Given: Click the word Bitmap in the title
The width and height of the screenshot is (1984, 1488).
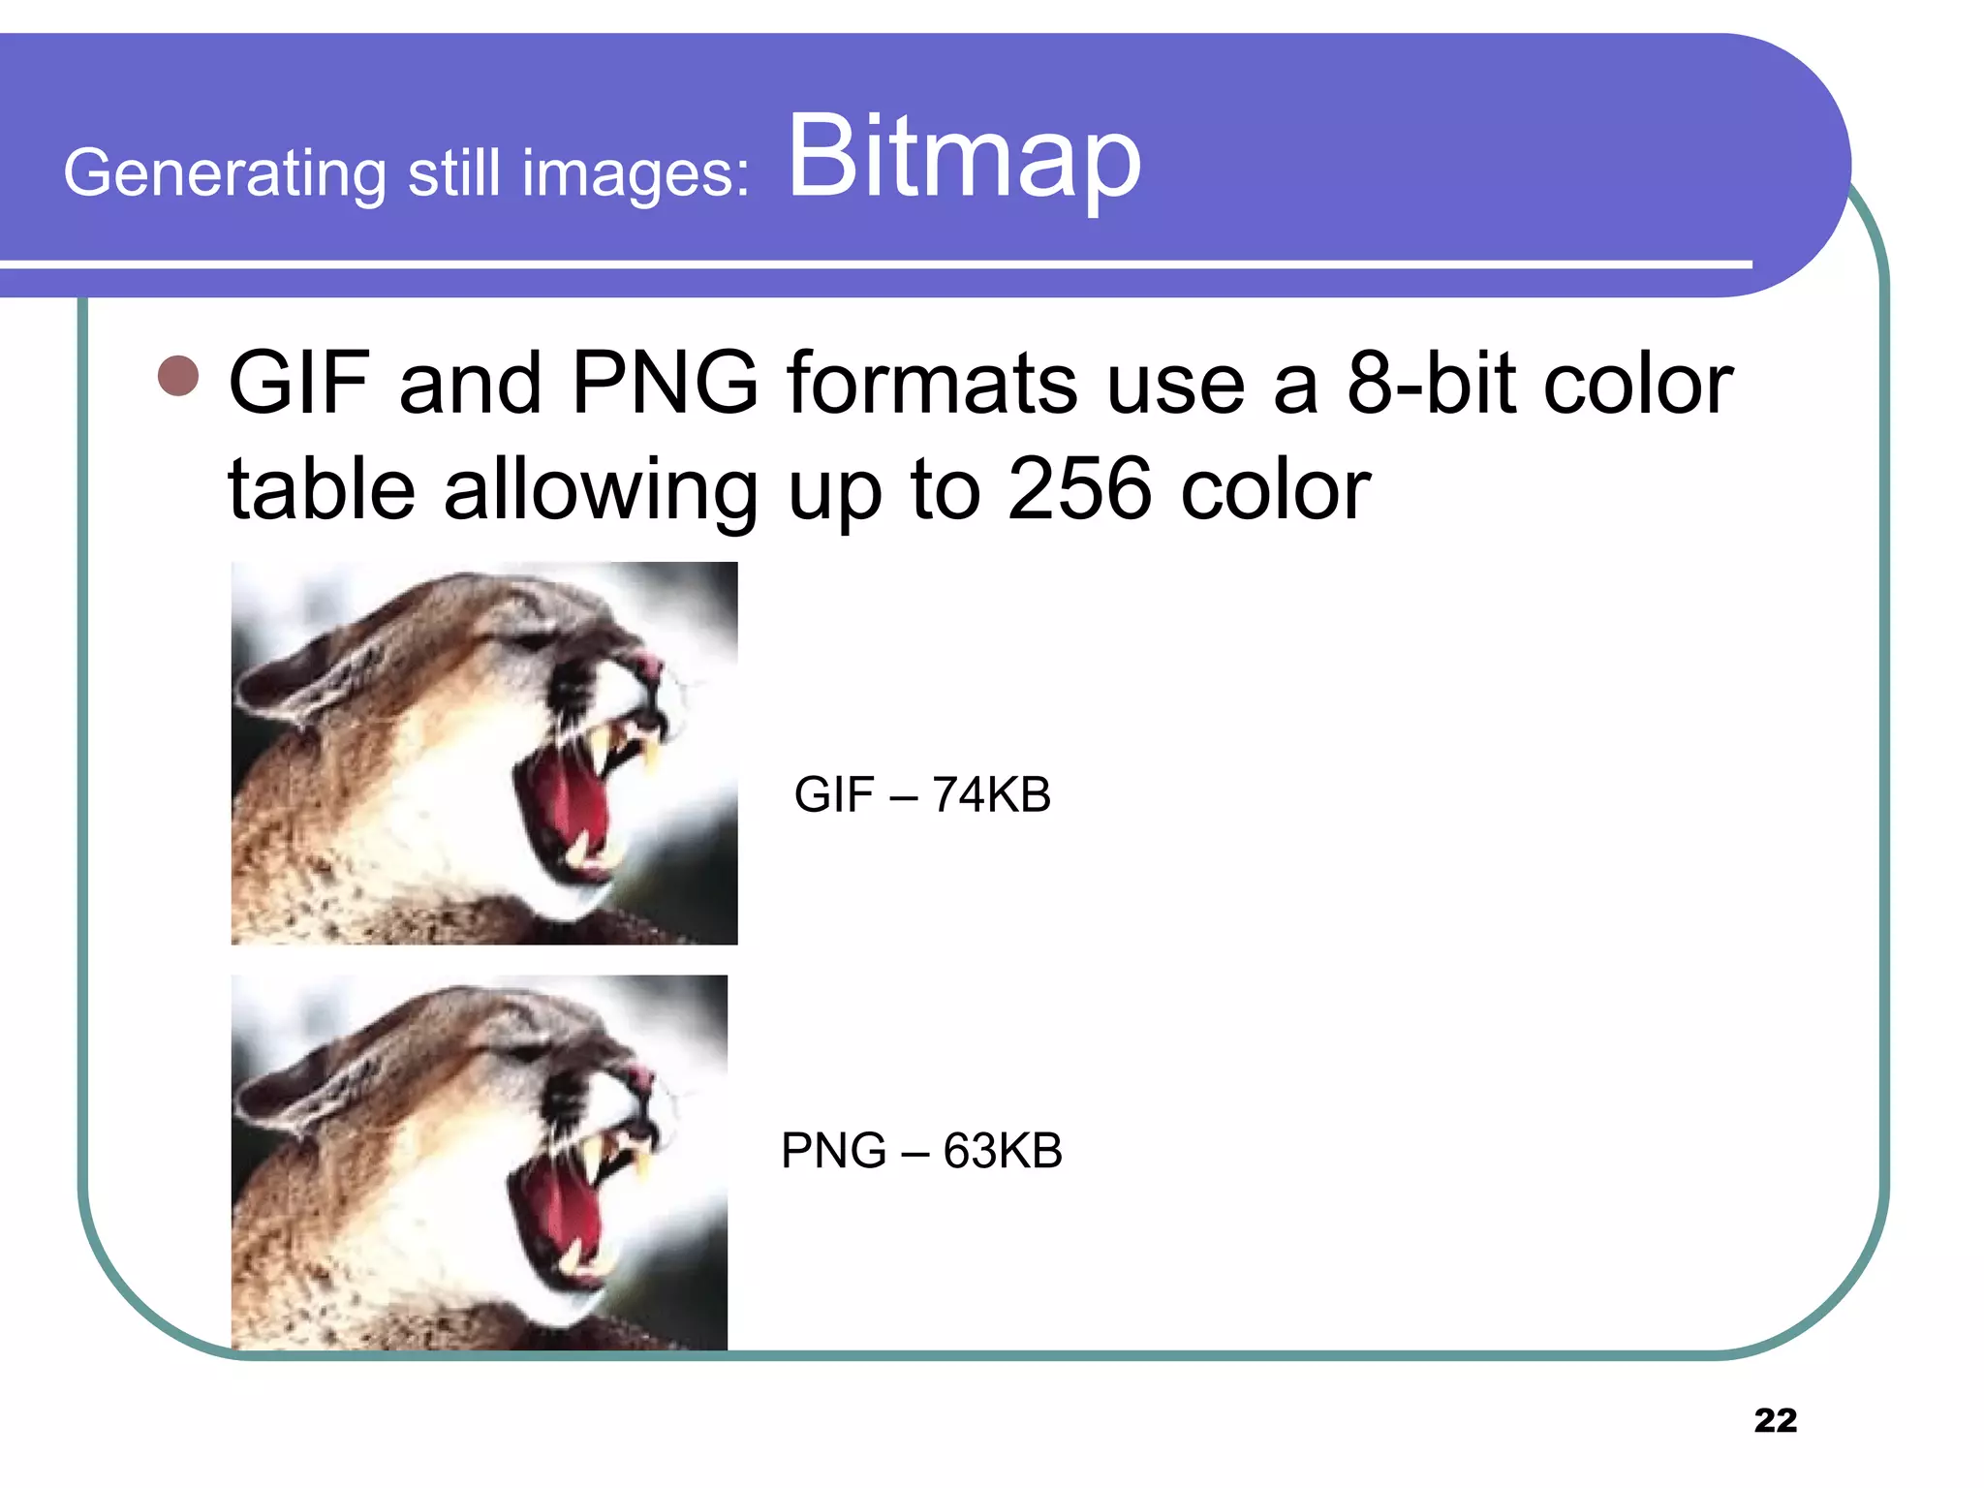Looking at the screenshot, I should pos(964,157).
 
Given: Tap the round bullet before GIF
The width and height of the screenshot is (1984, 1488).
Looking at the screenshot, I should pos(178,376).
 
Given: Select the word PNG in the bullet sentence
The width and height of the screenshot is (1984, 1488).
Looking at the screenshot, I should pos(665,384).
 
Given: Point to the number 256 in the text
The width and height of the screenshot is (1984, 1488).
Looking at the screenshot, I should pos(1079,489).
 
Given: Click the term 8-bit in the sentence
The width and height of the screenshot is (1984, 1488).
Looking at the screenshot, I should pos(1430,384).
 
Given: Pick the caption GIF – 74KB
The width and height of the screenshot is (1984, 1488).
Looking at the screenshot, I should pos(921,794).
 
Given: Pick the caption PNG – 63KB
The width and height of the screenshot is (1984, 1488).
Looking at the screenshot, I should pos(921,1151).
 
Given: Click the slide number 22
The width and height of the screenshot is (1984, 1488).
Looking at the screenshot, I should pos(1775,1420).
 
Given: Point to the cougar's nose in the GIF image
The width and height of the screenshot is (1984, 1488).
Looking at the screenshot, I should pos(647,666).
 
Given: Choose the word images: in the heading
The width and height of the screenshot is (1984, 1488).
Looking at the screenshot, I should pos(635,173).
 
